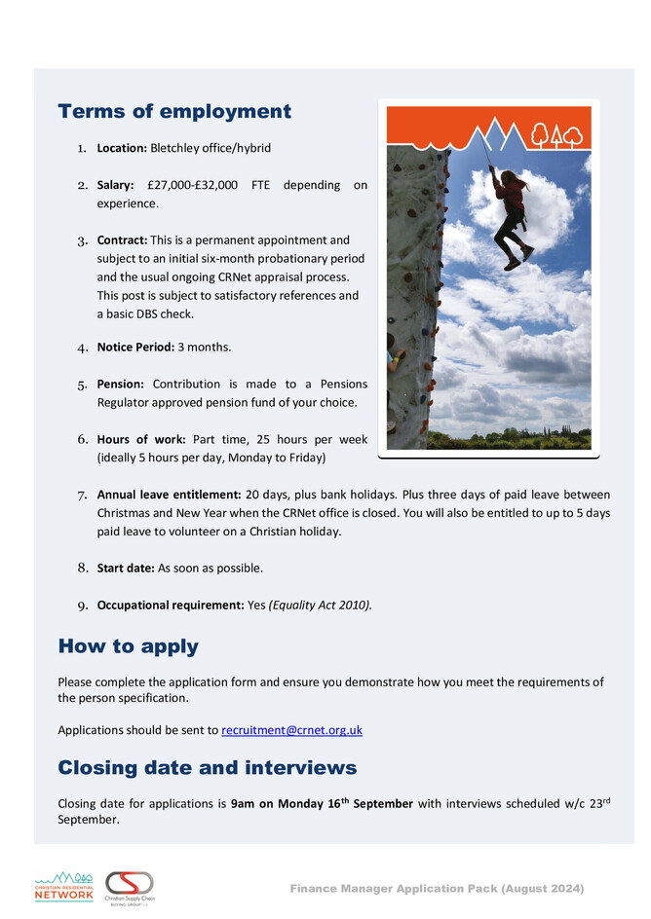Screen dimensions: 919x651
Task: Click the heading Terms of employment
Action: tap(174, 111)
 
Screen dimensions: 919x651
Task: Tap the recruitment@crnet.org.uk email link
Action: tap(291, 729)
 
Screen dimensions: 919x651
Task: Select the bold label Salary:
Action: tap(115, 184)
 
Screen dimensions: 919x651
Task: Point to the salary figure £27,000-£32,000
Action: tap(192, 184)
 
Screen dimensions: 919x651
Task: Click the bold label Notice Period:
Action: tap(134, 347)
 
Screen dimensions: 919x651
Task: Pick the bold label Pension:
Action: tap(120, 385)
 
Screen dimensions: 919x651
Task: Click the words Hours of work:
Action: tap(140, 439)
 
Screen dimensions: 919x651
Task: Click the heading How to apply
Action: tap(128, 646)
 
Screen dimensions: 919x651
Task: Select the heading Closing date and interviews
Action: tap(207, 768)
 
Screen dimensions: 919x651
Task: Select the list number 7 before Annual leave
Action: tap(83, 495)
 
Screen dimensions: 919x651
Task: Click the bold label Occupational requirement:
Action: tap(170, 605)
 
